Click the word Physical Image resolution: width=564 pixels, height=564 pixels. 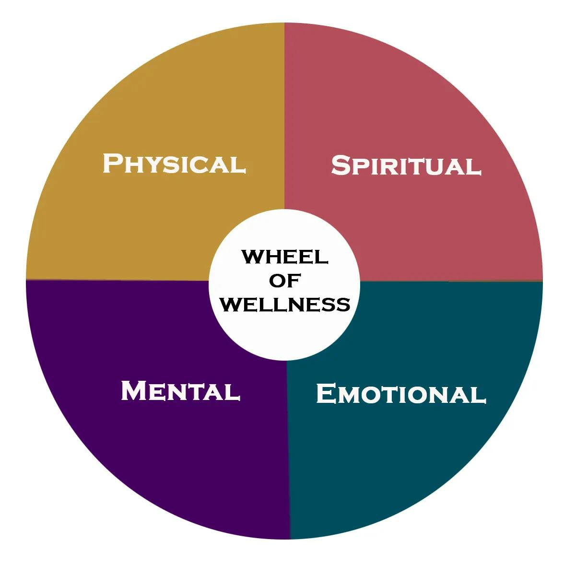point(175,164)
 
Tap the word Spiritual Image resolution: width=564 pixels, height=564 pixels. point(406,166)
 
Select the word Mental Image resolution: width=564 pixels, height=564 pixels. point(180,391)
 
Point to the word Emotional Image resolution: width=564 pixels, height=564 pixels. point(401,394)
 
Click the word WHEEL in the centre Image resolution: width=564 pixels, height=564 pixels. point(285,257)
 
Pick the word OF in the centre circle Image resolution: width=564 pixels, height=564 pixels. point(285,281)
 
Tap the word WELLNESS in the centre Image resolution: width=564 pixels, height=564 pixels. point(286,305)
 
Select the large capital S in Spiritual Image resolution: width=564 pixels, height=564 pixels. point(341,165)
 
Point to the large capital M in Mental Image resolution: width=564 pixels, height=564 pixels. point(133,390)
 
